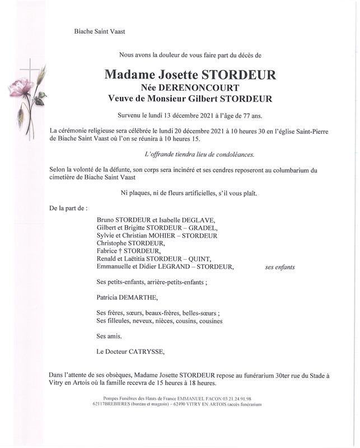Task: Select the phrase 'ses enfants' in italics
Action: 280,268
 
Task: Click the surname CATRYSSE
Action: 147,352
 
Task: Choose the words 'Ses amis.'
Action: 109,337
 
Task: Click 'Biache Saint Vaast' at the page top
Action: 100,31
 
